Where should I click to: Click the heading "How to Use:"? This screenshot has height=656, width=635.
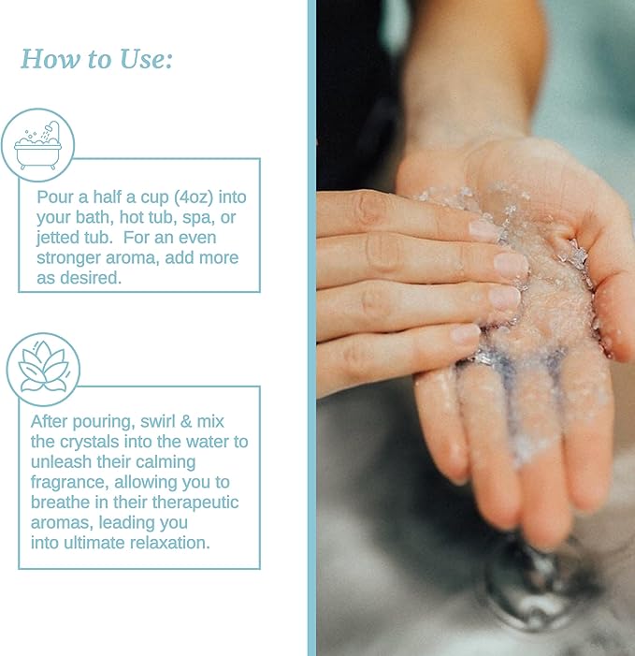coord(96,59)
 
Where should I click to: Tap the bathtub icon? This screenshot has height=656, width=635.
coord(37,145)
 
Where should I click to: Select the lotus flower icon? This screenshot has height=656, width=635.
coord(43,369)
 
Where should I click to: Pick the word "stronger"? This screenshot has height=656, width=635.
coord(69,258)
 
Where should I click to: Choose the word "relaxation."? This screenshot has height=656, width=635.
coord(170,543)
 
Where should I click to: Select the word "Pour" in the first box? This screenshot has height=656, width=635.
coord(52,197)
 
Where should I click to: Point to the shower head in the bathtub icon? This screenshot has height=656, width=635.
coord(51,127)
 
